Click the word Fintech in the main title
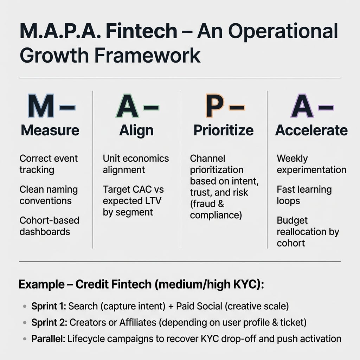click(141, 31)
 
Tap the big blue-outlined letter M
click(41, 105)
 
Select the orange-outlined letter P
click(215, 105)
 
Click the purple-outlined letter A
click(302, 105)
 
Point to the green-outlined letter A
click(127, 105)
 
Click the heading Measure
click(50, 130)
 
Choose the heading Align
click(136, 131)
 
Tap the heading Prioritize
click(224, 130)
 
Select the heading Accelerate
click(311, 130)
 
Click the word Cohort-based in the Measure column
click(49, 220)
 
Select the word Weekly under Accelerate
click(292, 159)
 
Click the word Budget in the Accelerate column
click(292, 221)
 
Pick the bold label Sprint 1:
click(49, 306)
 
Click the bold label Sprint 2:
click(49, 323)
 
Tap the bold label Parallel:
click(48, 339)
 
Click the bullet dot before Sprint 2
click(25, 323)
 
